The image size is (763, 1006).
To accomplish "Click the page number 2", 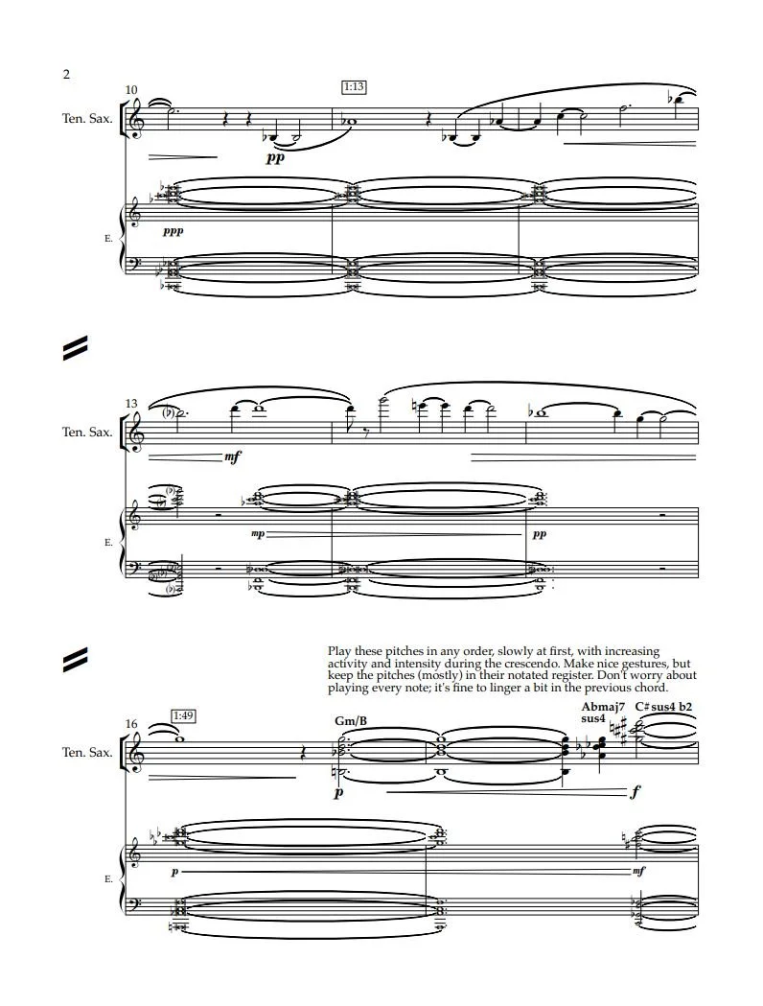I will pos(66,74).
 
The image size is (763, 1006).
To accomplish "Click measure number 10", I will pos(131,90).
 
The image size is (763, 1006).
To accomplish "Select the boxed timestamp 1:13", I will pos(353,87).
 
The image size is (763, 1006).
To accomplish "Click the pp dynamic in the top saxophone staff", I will pos(275,158).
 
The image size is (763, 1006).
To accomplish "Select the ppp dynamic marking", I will pos(173,231).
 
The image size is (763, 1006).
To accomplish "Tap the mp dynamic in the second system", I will pos(257,534).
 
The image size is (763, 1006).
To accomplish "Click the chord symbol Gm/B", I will pos(345,720).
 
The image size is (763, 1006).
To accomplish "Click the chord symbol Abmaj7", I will pos(603,707).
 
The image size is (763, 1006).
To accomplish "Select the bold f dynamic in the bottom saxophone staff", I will pos(636,793).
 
